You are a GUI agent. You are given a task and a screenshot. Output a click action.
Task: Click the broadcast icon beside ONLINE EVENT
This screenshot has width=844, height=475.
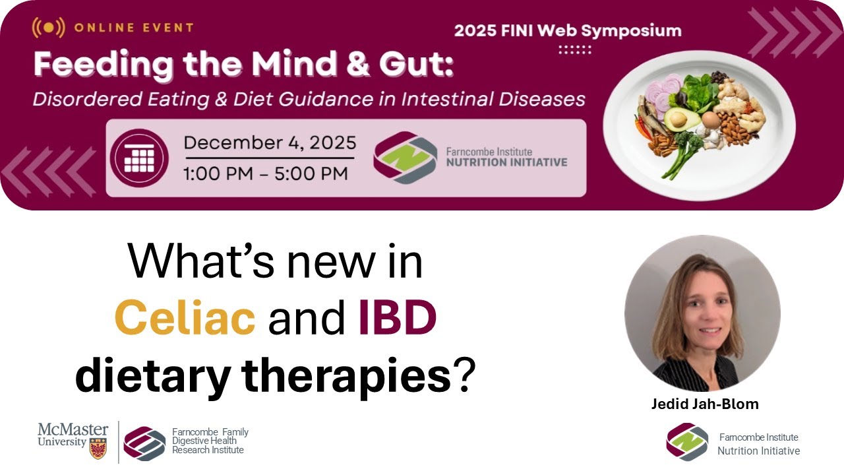48,28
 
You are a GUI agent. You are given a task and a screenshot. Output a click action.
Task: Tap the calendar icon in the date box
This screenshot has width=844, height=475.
139,158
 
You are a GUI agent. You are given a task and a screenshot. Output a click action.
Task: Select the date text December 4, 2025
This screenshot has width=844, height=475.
270,142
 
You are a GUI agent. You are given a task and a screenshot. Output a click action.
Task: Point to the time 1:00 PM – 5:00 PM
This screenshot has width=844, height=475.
266,174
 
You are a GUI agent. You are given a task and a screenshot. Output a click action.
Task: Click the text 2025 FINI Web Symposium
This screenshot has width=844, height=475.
568,30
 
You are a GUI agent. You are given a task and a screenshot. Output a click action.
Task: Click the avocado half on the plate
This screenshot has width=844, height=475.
677,119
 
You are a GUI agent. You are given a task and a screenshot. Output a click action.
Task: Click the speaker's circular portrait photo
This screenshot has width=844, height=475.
702,313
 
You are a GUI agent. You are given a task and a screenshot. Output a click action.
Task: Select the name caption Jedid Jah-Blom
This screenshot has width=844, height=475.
704,404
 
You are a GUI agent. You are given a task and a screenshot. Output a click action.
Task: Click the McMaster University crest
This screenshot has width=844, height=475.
98,448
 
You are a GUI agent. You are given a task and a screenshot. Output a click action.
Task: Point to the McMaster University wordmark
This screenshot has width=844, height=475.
73,435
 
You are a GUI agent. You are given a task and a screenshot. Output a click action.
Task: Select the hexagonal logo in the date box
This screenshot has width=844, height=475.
405,158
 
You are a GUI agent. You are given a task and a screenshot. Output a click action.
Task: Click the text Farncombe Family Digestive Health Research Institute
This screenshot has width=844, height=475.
210,441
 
